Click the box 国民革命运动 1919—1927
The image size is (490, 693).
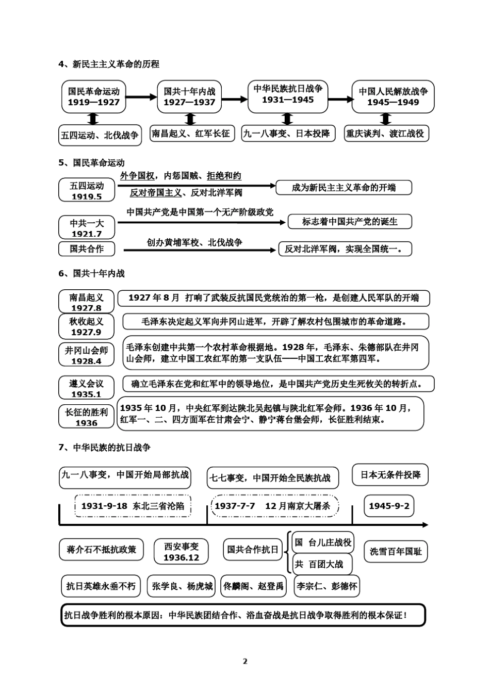tap(93, 96)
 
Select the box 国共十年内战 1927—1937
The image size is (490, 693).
tap(189, 96)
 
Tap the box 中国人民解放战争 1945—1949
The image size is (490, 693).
tap(393, 96)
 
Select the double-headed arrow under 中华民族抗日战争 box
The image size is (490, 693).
tap(287, 119)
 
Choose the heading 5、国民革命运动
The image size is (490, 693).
tap(91, 163)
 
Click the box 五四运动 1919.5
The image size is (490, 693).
tap(87, 190)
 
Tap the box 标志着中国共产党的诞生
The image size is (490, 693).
tap(350, 222)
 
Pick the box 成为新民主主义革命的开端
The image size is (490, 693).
tap(344, 188)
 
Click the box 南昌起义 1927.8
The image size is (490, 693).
tap(86, 302)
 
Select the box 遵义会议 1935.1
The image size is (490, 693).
tap(86, 388)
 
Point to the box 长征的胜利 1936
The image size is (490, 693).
tap(86, 417)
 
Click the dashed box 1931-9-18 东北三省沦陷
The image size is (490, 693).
tap(133, 506)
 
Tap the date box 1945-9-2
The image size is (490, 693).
tap(389, 506)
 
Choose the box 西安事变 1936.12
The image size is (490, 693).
tap(181, 552)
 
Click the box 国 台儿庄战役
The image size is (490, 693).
tap(323, 542)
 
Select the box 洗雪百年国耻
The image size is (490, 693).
tap(396, 551)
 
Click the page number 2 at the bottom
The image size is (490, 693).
tap(245, 661)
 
